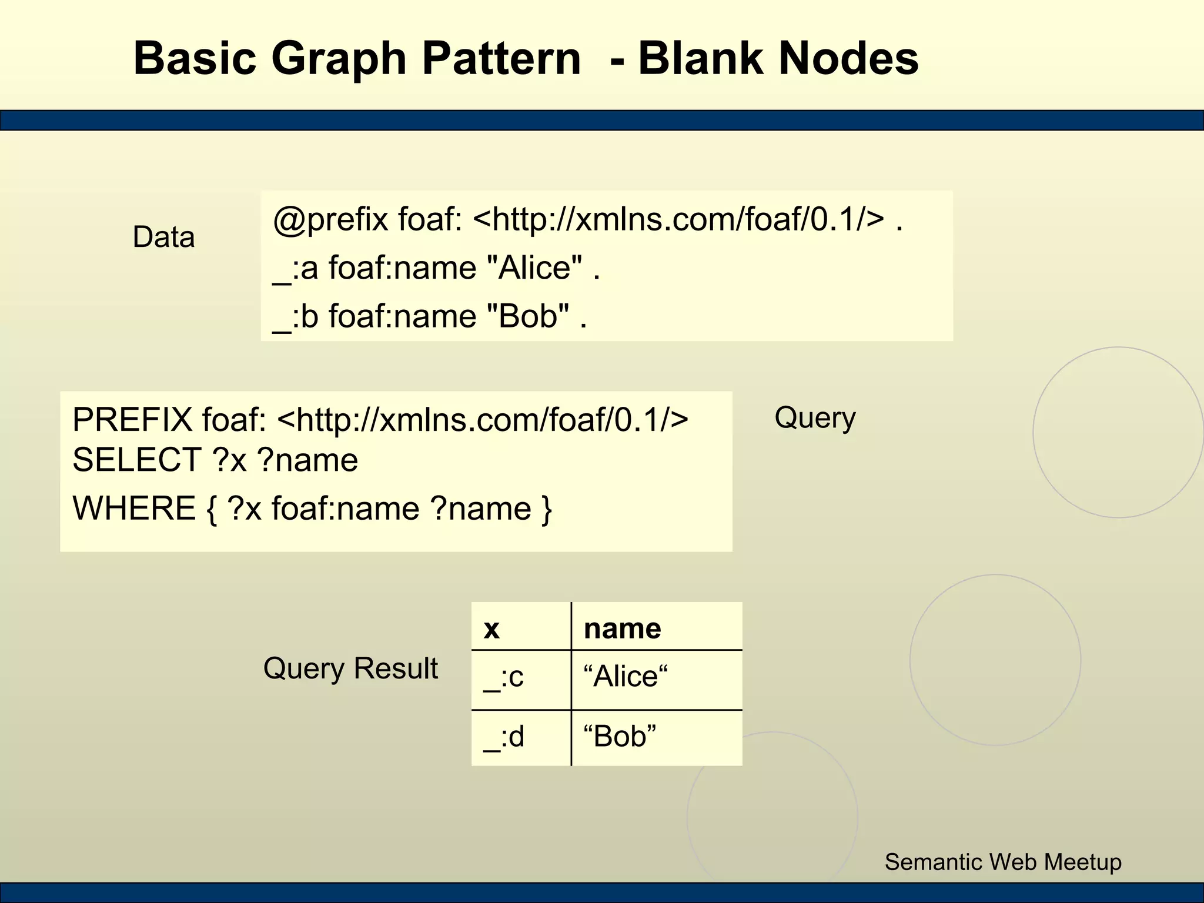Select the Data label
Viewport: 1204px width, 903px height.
163,237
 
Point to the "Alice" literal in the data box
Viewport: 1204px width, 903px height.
535,268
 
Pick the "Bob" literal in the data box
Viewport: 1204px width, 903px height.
529,316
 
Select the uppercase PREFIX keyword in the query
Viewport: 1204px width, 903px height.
132,420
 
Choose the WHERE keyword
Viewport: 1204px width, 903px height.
134,509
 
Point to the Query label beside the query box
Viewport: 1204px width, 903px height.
815,419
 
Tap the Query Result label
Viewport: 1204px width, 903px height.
350,668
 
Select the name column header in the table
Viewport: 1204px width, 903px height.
622,628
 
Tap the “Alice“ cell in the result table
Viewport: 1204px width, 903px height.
626,677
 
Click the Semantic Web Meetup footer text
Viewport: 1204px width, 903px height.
1003,862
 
